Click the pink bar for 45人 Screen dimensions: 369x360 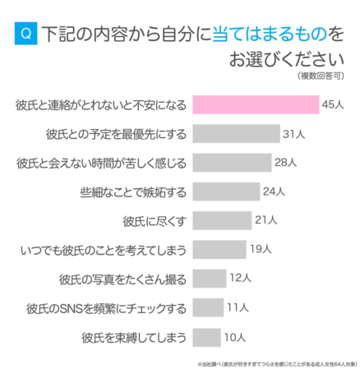[255, 104]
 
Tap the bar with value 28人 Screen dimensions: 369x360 [231, 162]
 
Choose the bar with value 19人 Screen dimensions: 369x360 [219, 249]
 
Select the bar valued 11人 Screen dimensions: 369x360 [207, 307]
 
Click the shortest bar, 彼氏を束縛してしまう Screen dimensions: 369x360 [205, 336]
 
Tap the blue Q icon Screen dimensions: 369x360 [25, 34]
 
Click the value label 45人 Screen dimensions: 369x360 [334, 104]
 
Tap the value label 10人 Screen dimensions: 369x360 [235, 336]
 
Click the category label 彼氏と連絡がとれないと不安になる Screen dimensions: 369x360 [100, 104]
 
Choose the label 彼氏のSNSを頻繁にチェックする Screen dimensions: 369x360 [107, 307]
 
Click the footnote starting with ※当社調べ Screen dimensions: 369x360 [279, 362]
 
